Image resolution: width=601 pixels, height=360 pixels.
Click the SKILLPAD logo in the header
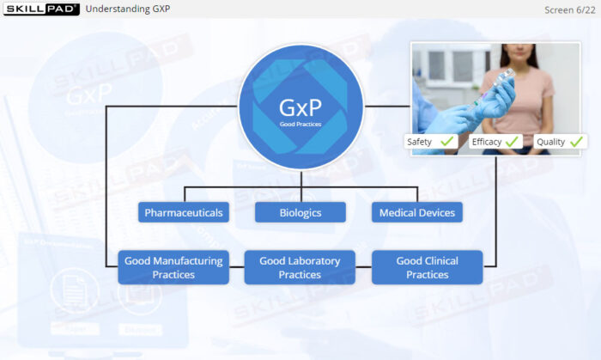pos(40,9)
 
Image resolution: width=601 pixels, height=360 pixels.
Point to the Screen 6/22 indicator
pos(569,9)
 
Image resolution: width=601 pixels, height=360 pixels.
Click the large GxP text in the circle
pos(300,108)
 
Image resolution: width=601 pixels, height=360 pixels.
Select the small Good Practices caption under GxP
pos(300,125)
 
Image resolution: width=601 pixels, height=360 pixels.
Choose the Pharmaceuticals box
pos(184,212)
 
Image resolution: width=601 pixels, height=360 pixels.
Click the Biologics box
pos(300,212)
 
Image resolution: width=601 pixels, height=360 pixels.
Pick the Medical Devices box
pos(417,212)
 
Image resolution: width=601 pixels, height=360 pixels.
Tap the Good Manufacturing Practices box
pos(173,267)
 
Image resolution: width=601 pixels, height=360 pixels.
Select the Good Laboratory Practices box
pos(300,267)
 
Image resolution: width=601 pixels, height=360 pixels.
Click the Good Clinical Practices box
pos(427,267)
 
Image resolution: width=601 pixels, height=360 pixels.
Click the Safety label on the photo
pos(420,141)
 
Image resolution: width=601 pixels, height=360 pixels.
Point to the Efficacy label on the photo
pos(486,141)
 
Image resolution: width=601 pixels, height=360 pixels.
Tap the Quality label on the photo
pos(551,141)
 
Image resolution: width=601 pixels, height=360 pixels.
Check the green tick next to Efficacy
pos(513,140)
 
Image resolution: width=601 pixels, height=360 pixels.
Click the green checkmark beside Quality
pos(577,140)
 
